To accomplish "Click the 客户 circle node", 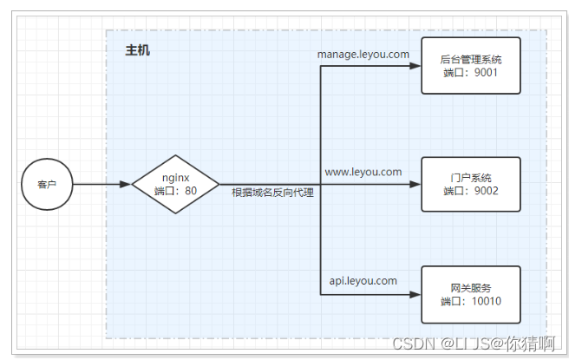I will coord(47,184).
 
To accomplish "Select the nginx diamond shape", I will coord(175,184).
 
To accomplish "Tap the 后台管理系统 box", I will coord(470,65).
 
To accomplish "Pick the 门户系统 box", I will coord(470,184).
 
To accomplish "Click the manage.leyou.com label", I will coord(363,54).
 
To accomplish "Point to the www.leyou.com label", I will coord(363,172).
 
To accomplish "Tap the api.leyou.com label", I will coord(363,281).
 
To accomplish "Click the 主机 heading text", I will coord(137,51).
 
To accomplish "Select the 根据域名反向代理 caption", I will coord(272,193).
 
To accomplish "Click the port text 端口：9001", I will coord(470,74).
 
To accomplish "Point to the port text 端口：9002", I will coord(470,191).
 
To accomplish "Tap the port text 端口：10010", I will coord(470,302).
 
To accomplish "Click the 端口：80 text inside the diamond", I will coord(175,191).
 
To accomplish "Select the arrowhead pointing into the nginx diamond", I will coord(126,184).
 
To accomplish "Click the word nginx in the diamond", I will coord(175,177).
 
